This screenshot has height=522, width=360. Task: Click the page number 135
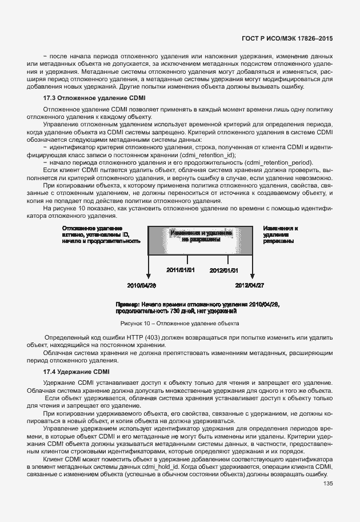point(327,483)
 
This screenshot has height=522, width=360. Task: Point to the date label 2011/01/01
point(181,270)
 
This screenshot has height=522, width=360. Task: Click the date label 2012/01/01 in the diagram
point(223,270)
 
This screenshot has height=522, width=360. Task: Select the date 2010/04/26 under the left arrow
point(141,285)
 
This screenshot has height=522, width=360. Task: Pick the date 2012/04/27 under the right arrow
point(250,285)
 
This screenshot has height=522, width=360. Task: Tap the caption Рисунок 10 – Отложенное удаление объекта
point(180,323)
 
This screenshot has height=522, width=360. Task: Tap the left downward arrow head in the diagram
point(148,275)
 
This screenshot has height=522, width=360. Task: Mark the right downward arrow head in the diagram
point(250,275)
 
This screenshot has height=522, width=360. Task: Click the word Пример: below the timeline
point(126,304)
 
